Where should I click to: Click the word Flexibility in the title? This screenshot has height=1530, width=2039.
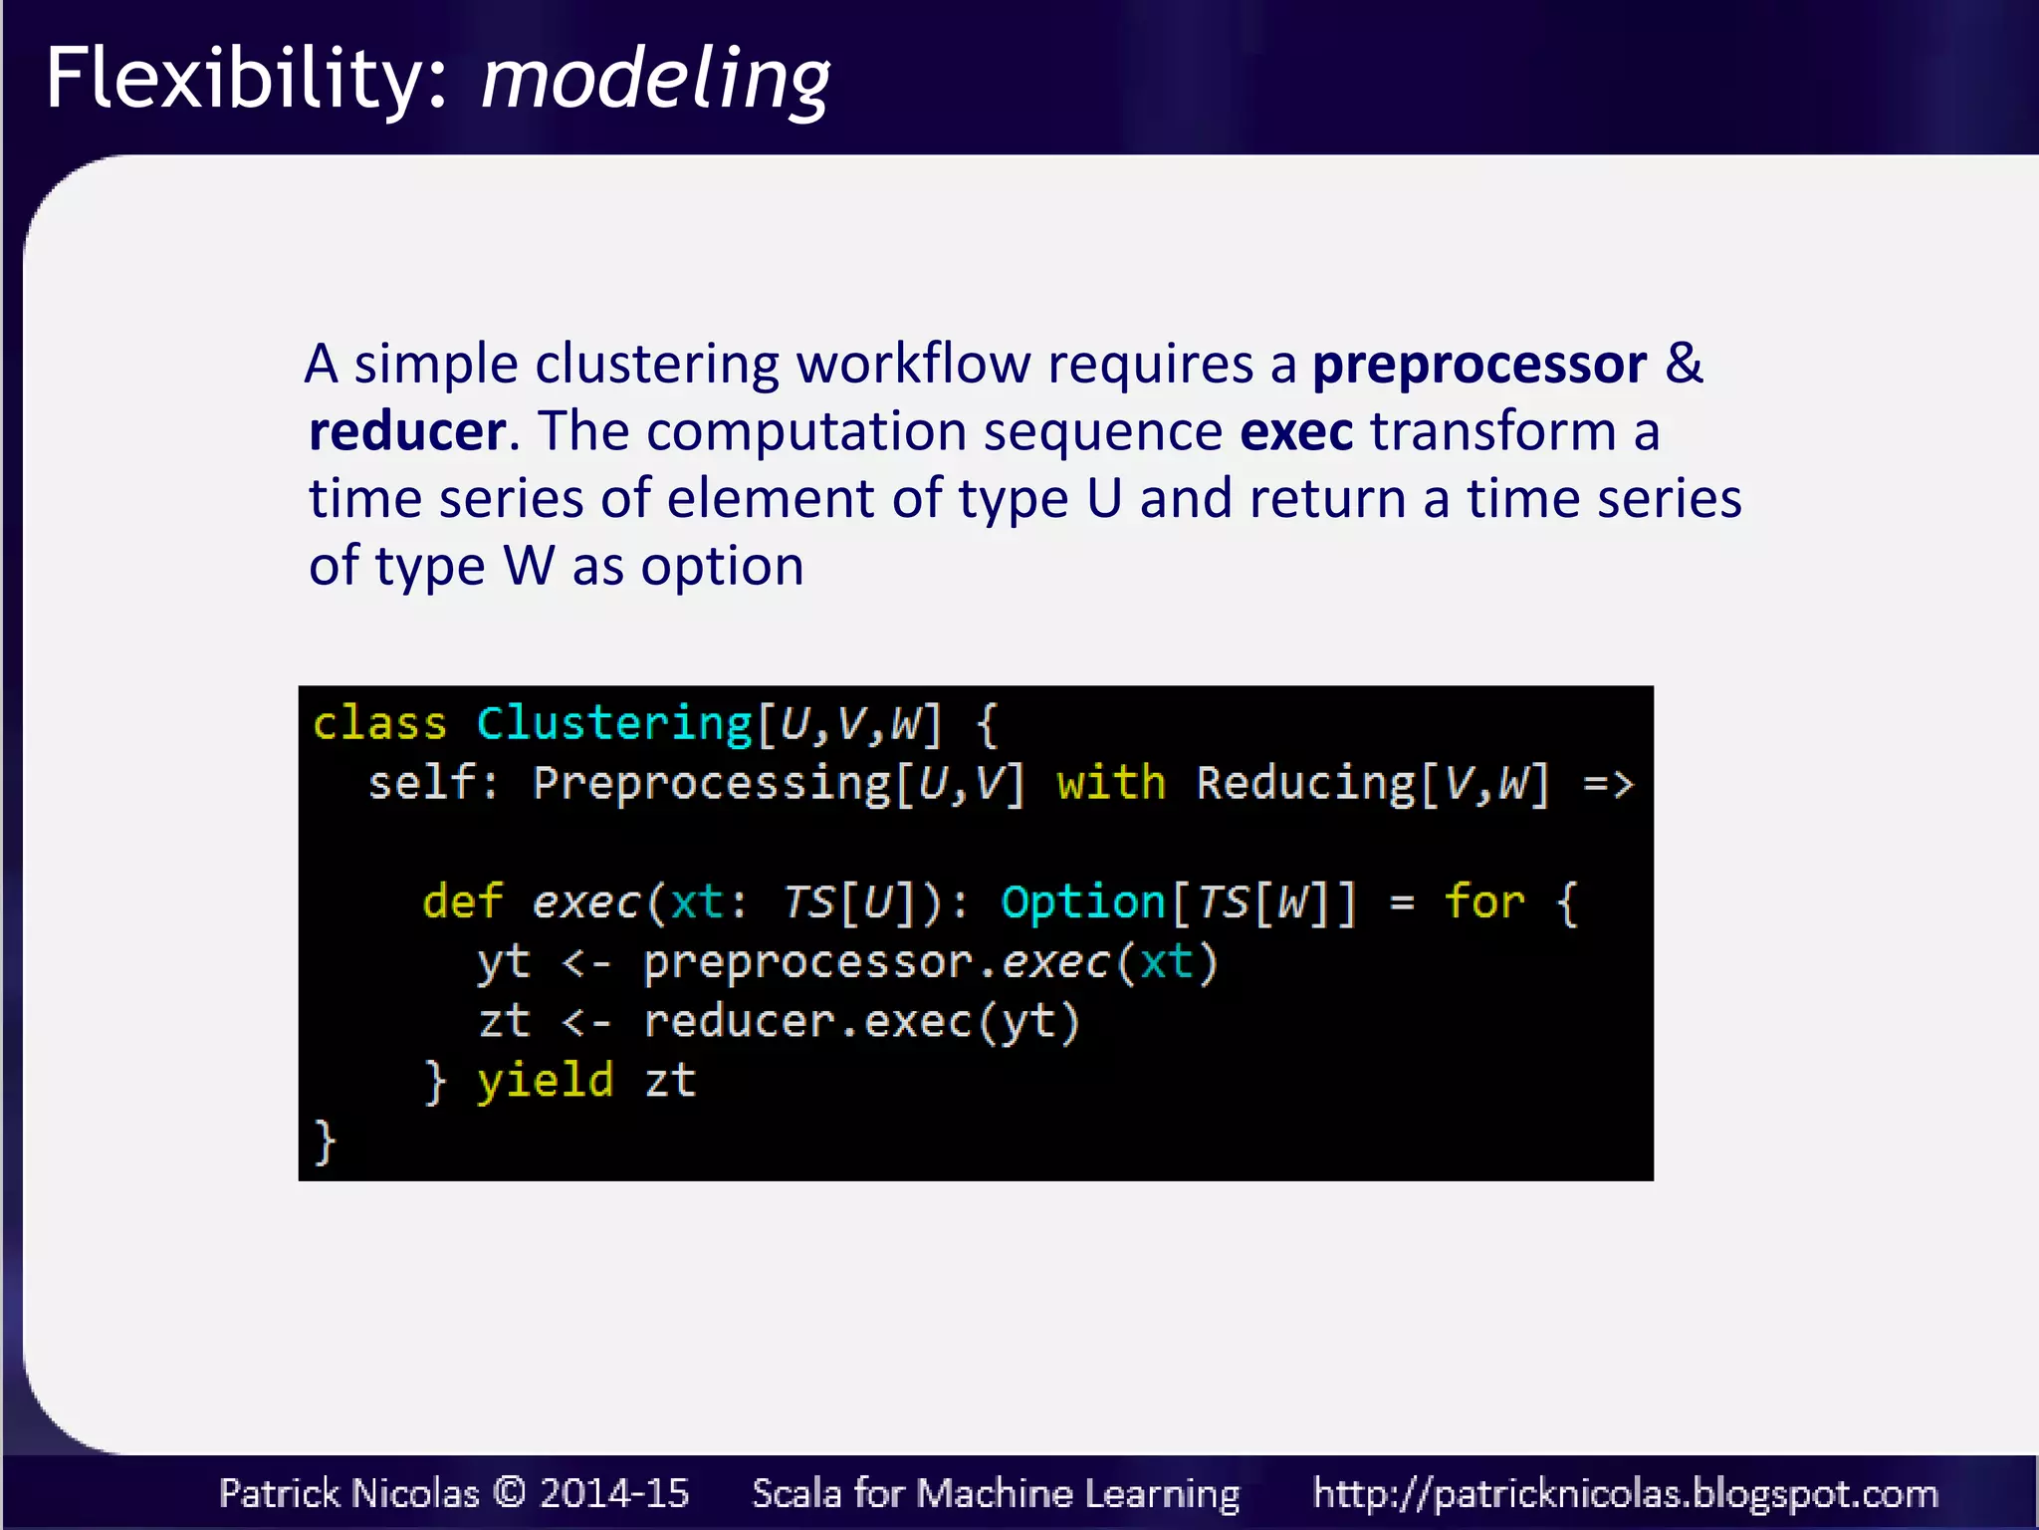[234, 80]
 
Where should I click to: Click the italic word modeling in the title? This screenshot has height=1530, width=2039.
[654, 80]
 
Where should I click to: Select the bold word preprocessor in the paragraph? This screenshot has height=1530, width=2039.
[1478, 365]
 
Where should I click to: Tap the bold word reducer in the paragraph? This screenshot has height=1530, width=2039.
[407, 431]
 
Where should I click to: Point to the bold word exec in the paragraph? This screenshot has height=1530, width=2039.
[1296, 431]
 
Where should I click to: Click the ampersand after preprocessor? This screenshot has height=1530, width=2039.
[1684, 364]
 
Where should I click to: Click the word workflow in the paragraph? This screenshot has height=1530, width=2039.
[913, 364]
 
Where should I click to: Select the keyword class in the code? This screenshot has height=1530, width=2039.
[379, 723]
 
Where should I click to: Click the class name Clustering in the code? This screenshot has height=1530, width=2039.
[614, 723]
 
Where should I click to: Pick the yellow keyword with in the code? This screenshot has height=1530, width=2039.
[1110, 783]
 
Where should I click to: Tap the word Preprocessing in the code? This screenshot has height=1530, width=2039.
[711, 783]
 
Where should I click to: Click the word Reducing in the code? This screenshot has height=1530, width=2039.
[1305, 783]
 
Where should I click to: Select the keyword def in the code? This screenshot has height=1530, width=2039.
[462, 902]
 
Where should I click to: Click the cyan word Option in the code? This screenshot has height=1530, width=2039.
[1083, 902]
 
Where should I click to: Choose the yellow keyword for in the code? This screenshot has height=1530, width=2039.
[1484, 902]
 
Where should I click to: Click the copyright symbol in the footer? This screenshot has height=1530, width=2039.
[510, 1492]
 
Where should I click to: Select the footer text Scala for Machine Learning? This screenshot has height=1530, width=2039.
[996, 1493]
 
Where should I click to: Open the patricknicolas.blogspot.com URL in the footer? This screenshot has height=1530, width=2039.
[1625, 1493]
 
